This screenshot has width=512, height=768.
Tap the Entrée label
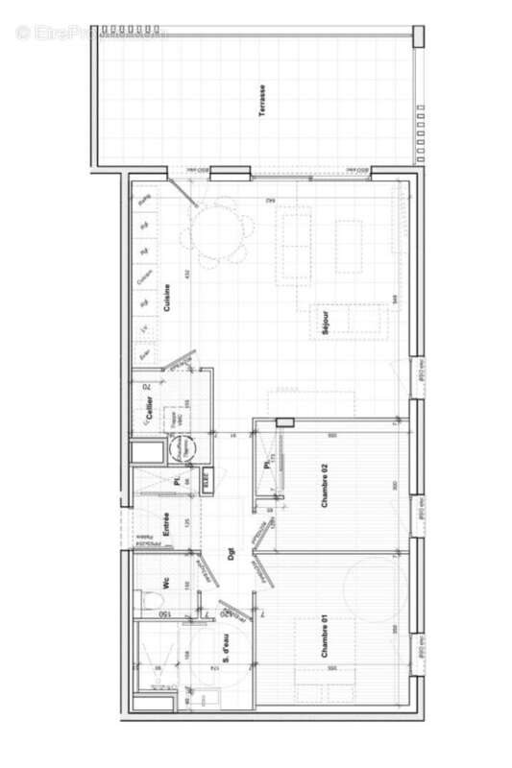(x=165, y=524)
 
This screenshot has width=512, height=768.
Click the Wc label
(x=165, y=584)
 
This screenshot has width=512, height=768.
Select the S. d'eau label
(x=224, y=650)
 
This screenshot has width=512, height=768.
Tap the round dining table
(x=223, y=230)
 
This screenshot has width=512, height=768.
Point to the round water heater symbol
(x=182, y=446)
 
